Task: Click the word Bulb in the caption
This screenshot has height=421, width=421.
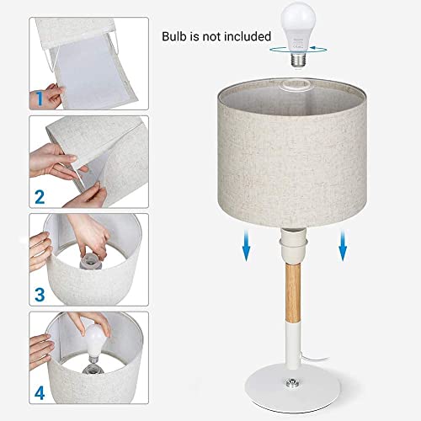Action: pyautogui.click(x=179, y=36)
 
